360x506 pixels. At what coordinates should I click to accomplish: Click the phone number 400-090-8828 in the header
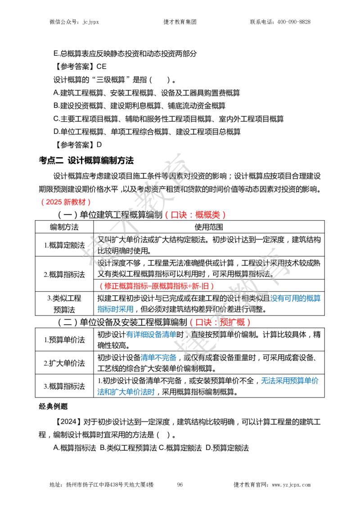(294, 22)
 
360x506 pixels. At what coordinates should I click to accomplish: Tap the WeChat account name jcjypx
(90, 22)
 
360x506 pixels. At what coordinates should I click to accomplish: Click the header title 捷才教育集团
(180, 22)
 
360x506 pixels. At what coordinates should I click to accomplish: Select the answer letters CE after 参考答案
(101, 67)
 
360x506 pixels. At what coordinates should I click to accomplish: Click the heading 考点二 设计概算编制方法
(86, 160)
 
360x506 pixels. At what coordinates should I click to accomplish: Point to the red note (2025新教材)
(66, 202)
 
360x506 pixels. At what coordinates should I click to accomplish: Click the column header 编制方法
(64, 227)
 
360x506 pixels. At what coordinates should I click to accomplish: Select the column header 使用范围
(209, 227)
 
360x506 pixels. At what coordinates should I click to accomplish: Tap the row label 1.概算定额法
(64, 245)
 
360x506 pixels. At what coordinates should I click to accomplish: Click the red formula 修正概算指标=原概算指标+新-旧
(157, 286)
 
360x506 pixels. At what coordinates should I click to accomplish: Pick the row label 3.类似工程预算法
(64, 304)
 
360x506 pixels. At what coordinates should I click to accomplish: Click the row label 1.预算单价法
(64, 340)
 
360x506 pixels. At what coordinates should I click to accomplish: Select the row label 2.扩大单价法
(64, 363)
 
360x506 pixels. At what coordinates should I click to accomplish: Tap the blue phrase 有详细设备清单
(151, 334)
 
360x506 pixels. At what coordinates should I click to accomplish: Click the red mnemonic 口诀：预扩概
(220, 322)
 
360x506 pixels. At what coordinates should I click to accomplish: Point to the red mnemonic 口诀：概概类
(195, 215)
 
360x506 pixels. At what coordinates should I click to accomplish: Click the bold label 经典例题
(53, 406)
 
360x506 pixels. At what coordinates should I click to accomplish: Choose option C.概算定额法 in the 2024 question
(180, 448)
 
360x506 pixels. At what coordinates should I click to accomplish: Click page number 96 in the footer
(180, 484)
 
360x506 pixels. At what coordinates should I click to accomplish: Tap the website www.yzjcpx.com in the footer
(291, 484)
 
